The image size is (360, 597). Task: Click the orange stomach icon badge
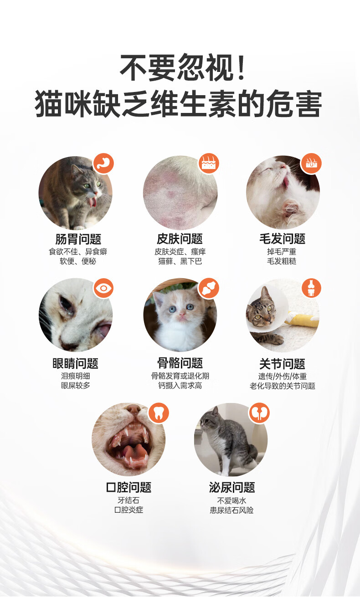103,163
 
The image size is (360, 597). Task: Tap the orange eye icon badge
103,288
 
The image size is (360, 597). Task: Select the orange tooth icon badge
159,413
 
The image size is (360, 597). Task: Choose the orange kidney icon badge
259,413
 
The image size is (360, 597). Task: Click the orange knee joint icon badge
311,288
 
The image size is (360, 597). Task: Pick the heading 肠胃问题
78,239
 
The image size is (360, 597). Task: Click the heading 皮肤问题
180,239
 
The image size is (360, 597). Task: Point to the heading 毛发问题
283,239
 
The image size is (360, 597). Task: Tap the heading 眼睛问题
76,363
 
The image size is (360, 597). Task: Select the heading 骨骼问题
180,363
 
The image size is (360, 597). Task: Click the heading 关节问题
283,364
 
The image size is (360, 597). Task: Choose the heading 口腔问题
129,487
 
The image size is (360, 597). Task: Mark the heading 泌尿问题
232,487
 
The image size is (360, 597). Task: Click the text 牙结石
129,500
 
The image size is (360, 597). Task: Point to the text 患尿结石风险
231,510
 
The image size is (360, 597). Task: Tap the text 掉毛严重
282,251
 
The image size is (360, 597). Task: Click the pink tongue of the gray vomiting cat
93,203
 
